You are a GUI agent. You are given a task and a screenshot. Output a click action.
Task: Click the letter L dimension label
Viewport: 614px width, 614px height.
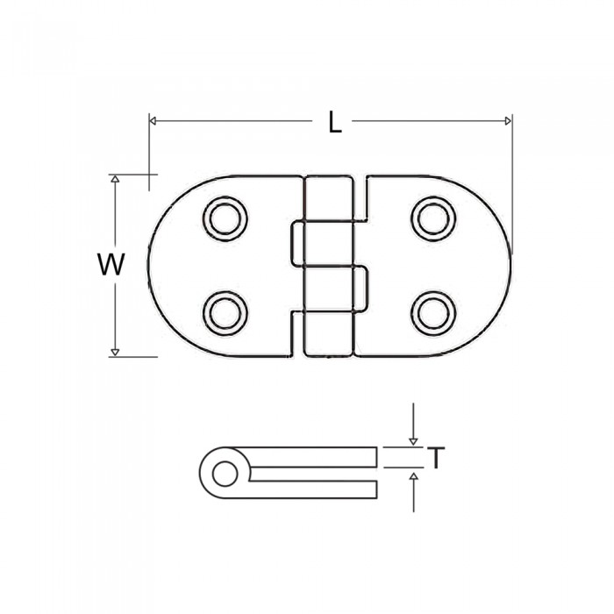pos(335,122)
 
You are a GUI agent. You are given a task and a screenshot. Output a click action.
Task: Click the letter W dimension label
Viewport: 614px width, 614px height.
pos(111,264)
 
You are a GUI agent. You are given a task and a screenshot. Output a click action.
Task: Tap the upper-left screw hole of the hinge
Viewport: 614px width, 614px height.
pos(225,218)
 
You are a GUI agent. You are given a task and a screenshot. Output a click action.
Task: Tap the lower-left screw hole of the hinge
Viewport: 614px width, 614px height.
pos(225,313)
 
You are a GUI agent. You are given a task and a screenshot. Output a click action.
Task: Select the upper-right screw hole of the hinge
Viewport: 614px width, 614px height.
pos(433,218)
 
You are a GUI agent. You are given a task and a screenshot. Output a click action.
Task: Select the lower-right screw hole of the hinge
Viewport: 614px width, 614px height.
pos(433,313)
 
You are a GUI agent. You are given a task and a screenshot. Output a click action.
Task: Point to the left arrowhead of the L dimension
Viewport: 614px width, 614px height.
pos(153,121)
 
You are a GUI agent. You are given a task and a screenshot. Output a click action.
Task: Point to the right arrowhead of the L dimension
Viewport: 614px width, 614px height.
pos(508,121)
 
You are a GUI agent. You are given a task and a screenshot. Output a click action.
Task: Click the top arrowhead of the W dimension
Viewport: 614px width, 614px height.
pos(115,179)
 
